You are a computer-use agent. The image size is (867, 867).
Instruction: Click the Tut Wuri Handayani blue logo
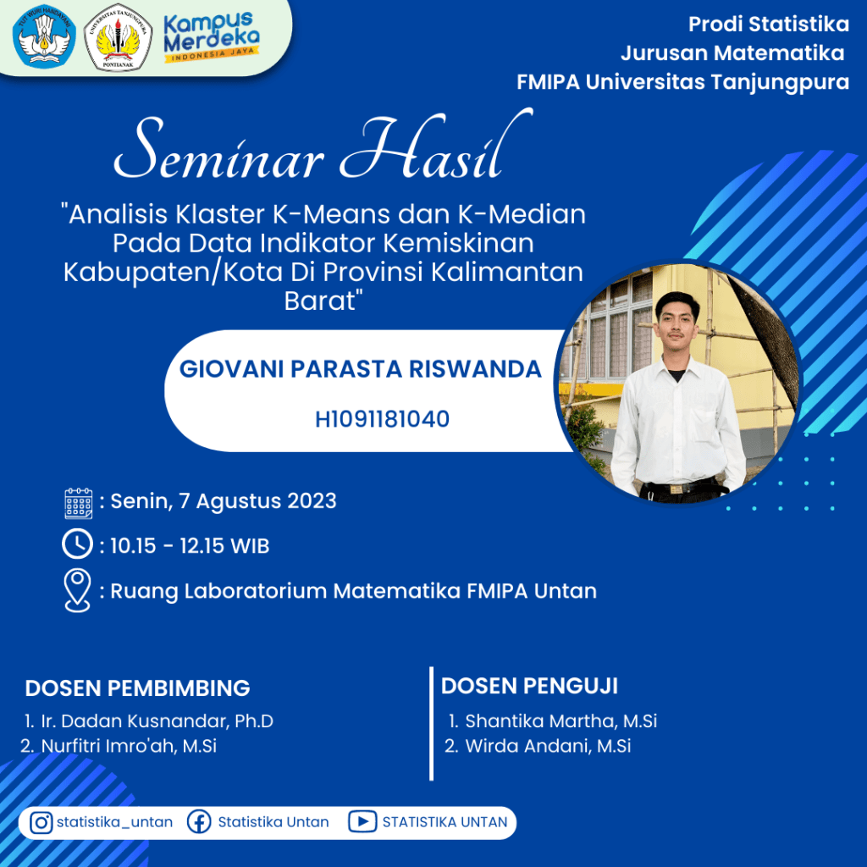click(44, 37)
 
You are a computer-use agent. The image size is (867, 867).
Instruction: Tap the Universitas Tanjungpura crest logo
click(118, 37)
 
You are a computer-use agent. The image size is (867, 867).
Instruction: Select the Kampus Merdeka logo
click(211, 36)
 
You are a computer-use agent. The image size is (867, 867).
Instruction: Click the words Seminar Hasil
click(323, 147)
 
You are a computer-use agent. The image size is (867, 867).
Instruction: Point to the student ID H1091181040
click(382, 419)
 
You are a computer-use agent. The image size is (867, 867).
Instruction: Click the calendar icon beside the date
click(79, 503)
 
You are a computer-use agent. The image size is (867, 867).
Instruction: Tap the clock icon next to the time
click(77, 544)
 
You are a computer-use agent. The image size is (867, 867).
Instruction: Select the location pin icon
click(77, 590)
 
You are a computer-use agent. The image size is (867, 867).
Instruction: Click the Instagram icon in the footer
click(41, 823)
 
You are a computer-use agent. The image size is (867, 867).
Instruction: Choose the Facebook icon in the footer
click(199, 822)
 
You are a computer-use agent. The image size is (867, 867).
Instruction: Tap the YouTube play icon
click(362, 822)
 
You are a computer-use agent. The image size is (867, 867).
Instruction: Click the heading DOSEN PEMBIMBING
click(138, 688)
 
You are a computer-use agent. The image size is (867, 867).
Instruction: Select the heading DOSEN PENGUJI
click(529, 686)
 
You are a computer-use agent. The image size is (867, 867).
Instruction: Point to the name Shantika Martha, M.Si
click(561, 721)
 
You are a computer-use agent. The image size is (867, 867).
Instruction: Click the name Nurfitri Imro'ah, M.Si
click(129, 746)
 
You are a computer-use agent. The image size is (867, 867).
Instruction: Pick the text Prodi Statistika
click(769, 25)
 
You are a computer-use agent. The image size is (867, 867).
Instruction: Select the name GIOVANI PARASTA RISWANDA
click(361, 369)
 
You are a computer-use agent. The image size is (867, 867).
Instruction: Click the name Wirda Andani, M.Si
click(548, 746)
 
